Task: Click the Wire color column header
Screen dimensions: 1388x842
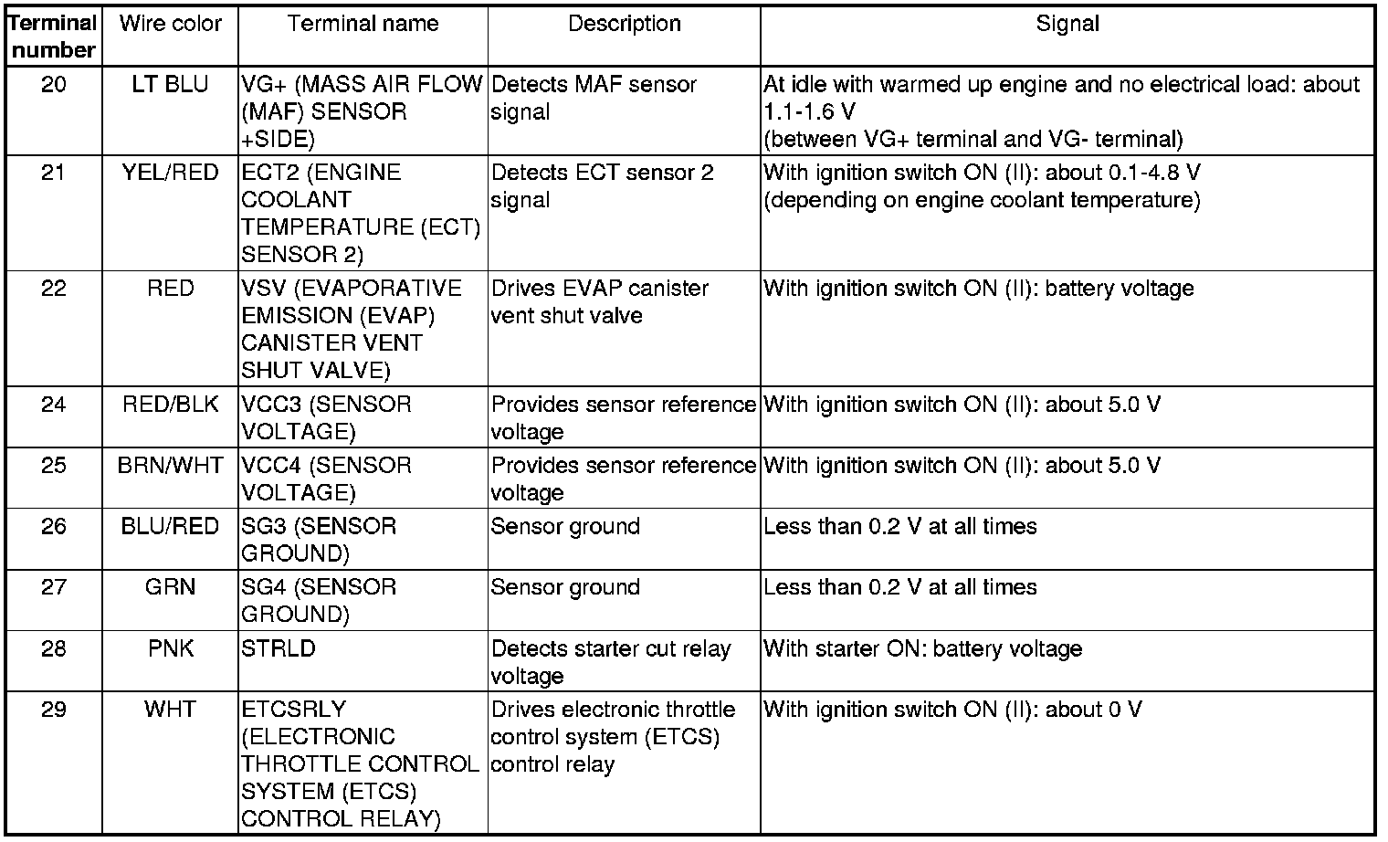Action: [x=170, y=25]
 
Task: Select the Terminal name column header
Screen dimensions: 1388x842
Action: [x=363, y=25]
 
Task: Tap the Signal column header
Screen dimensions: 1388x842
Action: [x=1067, y=25]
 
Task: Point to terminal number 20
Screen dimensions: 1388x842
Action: [x=54, y=86]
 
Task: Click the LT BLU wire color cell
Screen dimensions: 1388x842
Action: [x=170, y=86]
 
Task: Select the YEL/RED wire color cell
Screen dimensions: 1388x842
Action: [x=170, y=174]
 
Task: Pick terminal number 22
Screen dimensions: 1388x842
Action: [x=54, y=289]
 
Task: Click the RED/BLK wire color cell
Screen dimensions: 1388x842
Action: [x=170, y=405]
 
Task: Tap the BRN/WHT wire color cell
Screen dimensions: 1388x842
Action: [x=170, y=466]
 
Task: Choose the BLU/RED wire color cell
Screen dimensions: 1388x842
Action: [x=170, y=527]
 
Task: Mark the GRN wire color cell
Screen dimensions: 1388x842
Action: [x=170, y=587]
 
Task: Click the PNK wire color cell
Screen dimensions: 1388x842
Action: [x=170, y=649]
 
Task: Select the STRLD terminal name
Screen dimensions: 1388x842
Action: [x=279, y=649]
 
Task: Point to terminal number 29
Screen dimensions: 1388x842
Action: [x=54, y=710]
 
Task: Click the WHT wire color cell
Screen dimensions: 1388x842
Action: [x=170, y=710]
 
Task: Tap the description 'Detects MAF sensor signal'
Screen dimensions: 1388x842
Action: [x=594, y=99]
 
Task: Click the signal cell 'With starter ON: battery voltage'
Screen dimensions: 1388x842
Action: [x=922, y=649]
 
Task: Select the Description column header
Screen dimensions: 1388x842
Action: [x=624, y=25]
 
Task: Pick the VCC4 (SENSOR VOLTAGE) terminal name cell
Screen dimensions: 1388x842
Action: [x=326, y=479]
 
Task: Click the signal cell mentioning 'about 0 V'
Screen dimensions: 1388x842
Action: [x=952, y=710]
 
